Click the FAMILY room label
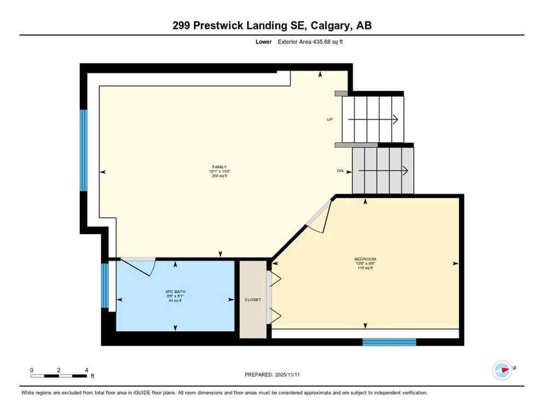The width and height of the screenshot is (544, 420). point(219,167)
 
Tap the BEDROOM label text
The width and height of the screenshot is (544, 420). point(365,259)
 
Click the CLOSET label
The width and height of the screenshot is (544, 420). point(253,300)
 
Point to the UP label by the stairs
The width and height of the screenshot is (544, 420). point(330,119)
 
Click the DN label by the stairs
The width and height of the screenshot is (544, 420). point(340,171)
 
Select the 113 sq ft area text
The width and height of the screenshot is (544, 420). point(365,268)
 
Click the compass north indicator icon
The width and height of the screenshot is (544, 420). point(502,370)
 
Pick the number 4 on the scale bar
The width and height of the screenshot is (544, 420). point(86,370)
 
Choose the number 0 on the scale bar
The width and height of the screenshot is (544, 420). point(32,370)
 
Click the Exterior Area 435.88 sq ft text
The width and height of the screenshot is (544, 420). point(310,42)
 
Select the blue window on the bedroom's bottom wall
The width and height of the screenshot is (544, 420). point(389,342)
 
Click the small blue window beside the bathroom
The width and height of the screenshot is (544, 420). point(104,285)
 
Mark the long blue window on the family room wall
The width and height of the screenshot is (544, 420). point(84,150)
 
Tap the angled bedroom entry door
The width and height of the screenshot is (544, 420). point(319,214)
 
